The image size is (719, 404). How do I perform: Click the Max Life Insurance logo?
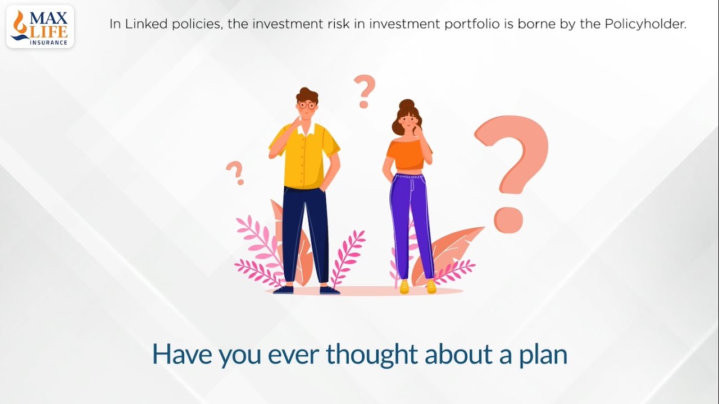point(40,26)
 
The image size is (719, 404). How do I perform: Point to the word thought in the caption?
point(372,354)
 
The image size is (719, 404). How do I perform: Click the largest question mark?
point(511,168)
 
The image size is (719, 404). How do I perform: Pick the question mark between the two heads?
point(365,91)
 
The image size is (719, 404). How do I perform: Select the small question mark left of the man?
point(235,172)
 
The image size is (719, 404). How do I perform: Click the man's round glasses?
point(307,105)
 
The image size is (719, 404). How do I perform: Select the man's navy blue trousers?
point(305,230)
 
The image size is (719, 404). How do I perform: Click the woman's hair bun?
point(406,104)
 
